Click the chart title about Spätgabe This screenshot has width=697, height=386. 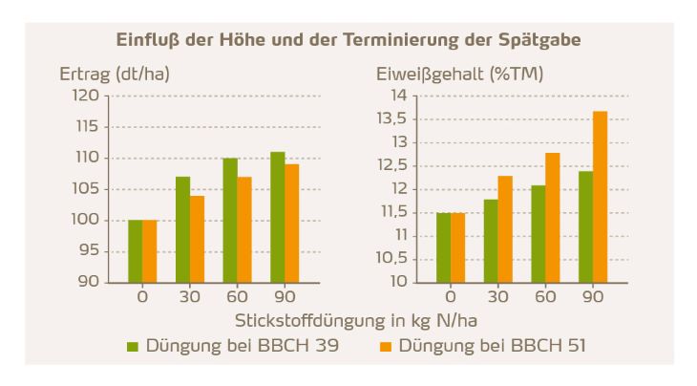[x=348, y=41]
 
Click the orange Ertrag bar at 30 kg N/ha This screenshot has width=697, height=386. [x=197, y=239]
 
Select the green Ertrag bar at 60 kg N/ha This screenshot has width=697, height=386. [x=230, y=220]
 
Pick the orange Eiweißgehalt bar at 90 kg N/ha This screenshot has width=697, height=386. [x=600, y=197]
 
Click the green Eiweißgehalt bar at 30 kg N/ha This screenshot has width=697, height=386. [x=491, y=241]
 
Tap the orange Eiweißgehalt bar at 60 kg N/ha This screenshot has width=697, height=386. [x=553, y=218]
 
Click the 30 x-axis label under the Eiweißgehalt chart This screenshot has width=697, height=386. [x=498, y=297]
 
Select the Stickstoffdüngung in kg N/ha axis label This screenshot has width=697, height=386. [x=348, y=320]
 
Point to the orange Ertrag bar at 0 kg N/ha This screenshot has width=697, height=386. [x=150, y=251]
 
